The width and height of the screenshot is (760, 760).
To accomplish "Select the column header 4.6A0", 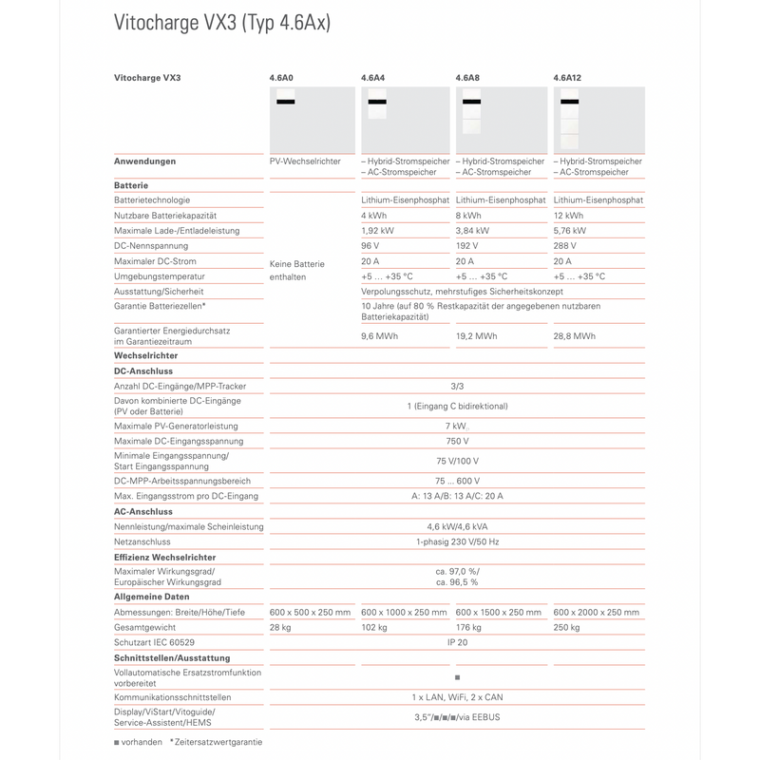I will click(x=283, y=77).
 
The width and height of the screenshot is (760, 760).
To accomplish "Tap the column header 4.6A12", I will click(x=568, y=77).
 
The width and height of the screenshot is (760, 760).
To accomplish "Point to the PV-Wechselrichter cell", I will click(x=305, y=161).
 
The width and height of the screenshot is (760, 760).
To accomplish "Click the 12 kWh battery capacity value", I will click(x=568, y=216).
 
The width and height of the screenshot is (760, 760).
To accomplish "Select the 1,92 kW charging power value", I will click(x=379, y=231).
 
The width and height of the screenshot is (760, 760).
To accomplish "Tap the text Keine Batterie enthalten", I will click(x=297, y=270).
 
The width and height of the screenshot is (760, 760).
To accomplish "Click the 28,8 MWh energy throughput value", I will click(x=576, y=336).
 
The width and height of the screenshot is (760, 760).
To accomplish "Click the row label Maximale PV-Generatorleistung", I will click(x=176, y=426).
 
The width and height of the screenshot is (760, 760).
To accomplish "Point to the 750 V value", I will click(x=457, y=441).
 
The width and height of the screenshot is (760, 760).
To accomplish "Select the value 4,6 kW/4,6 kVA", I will click(x=457, y=526).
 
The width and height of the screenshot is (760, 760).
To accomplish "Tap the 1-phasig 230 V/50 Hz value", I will click(x=457, y=541).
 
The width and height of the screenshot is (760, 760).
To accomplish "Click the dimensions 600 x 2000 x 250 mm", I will click(x=596, y=612).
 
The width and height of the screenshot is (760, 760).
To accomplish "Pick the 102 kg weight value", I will click(x=375, y=627).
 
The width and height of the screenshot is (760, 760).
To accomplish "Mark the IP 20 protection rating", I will click(x=457, y=642).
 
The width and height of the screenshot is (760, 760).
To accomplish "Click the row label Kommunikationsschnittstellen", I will click(x=172, y=697).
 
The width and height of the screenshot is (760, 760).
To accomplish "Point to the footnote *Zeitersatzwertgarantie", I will click(x=216, y=741).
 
